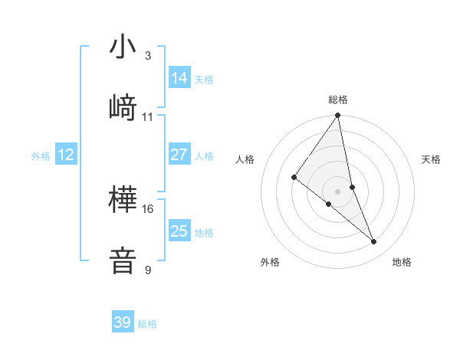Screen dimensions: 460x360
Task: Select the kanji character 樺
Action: (123, 201)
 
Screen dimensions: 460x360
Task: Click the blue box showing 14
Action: (179, 78)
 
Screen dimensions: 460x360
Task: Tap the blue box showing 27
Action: (179, 155)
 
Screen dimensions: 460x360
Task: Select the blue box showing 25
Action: (179, 231)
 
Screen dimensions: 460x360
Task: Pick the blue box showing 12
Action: (66, 155)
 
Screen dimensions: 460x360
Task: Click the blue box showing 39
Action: (123, 322)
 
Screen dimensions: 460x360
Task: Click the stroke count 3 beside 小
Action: (147, 56)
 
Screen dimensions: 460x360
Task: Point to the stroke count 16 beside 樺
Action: (148, 208)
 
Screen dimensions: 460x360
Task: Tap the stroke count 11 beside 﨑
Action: (148, 116)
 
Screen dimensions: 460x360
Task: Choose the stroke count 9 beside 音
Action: (147, 270)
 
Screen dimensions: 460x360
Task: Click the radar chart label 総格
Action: (338, 100)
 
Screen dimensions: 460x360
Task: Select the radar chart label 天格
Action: (432, 159)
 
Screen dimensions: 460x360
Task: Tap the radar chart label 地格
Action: (402, 262)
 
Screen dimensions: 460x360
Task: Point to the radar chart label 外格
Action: (270, 262)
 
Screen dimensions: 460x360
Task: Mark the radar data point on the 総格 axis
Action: (338, 116)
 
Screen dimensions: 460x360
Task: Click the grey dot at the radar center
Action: (338, 191)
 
